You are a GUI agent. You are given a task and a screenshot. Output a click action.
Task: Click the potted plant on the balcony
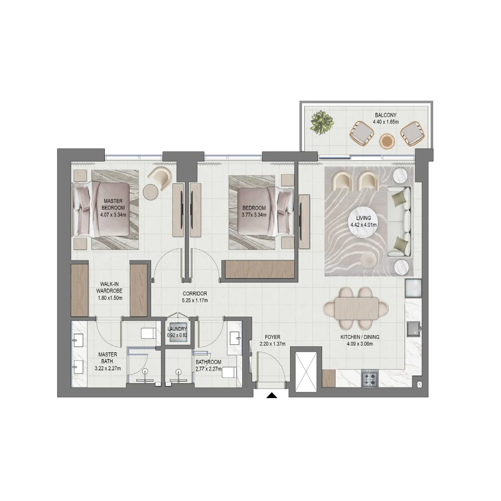[322, 123]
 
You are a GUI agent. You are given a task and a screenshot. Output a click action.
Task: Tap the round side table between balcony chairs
[387, 141]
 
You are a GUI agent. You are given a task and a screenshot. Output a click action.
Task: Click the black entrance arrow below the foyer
[272, 395]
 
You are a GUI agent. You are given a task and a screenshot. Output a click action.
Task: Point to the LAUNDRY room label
[177, 329]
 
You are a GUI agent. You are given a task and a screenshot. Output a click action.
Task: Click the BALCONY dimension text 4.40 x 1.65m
[386, 122]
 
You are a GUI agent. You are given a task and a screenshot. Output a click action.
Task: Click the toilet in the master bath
[148, 333]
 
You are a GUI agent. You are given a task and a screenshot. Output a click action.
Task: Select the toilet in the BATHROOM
[229, 372]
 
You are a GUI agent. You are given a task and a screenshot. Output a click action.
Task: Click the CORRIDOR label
[195, 294]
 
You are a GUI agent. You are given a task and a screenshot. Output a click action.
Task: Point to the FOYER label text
[272, 337]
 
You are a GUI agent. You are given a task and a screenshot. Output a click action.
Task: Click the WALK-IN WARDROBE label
[109, 287]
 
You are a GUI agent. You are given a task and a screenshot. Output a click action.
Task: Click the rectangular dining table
[356, 308]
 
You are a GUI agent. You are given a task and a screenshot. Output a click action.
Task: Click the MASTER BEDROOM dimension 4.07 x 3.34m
[113, 215]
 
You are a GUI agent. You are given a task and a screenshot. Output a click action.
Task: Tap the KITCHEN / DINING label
[360, 337]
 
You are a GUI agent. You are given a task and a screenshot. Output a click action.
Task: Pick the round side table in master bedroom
[151, 192]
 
